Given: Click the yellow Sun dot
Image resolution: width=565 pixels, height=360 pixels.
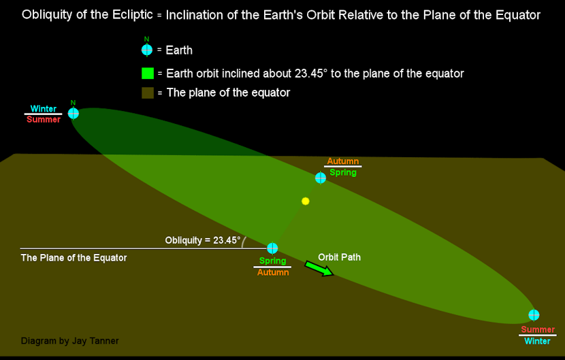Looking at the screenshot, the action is [305, 201].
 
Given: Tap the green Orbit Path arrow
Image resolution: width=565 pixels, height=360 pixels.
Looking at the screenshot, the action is [319, 269].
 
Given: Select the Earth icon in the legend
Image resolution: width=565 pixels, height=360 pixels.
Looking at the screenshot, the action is [147, 50].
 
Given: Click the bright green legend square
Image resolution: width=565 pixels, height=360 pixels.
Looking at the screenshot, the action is [148, 73].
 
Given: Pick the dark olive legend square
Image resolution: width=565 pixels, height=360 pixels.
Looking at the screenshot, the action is [148, 93].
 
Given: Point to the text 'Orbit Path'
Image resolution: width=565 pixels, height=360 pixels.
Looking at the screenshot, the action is [339, 257].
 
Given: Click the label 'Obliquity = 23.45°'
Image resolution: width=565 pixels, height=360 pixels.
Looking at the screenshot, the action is [202, 240].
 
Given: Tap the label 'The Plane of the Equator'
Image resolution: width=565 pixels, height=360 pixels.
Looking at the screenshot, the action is [74, 258].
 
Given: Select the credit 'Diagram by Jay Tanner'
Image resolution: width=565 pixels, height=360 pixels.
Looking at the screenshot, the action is [69, 341].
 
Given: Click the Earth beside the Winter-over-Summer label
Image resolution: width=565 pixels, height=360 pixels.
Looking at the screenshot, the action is [73, 113].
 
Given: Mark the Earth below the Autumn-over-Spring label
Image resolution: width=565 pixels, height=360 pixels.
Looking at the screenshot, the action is [321, 178].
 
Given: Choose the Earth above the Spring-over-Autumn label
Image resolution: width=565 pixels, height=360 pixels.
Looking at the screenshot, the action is [272, 248].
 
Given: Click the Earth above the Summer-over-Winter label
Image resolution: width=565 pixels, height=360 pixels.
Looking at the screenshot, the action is [534, 314].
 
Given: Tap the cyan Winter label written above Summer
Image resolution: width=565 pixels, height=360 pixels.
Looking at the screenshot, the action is [44, 108].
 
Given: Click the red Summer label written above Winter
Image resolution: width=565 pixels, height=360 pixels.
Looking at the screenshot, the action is [538, 329].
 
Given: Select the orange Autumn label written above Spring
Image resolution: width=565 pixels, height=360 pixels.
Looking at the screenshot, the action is [342, 161].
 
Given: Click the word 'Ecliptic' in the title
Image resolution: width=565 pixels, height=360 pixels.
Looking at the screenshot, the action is [133, 15].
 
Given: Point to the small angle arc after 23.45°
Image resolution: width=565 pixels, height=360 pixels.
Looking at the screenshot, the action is [244, 242].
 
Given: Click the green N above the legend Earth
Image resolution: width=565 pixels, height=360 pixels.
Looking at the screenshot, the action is [146, 39].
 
